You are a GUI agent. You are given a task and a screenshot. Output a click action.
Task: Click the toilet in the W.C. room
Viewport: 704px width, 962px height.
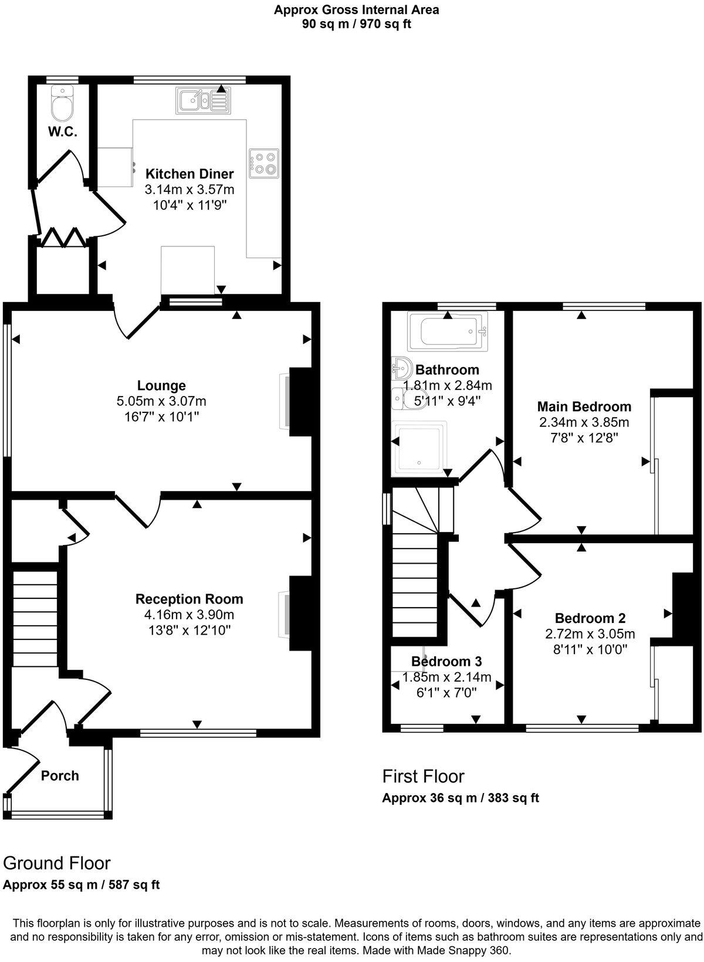coord(62,104)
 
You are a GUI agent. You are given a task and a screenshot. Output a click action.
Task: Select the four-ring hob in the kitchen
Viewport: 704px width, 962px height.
coord(263,164)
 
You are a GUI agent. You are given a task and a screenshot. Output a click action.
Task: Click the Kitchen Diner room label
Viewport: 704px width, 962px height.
coord(189,174)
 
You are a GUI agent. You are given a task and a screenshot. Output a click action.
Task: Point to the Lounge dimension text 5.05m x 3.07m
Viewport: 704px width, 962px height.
coord(161,401)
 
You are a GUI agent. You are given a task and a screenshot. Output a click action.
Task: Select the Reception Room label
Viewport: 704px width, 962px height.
coord(189,599)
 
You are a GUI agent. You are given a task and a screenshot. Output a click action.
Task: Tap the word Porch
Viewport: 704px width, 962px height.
coord(60,775)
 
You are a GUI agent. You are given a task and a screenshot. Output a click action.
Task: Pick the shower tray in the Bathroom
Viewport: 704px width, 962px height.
coord(421,448)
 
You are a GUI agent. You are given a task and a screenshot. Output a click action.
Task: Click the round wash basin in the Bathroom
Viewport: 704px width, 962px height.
coord(401,368)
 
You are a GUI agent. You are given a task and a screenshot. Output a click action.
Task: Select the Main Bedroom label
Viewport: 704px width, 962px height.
coord(584,407)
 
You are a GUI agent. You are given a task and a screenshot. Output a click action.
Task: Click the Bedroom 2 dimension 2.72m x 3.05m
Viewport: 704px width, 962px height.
coord(590,634)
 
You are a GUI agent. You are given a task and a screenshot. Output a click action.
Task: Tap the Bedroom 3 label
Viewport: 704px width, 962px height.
coord(446,662)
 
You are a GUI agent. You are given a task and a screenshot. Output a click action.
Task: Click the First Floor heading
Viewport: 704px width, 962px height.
coord(423,776)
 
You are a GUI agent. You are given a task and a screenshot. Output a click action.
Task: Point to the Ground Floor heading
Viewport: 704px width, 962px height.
coord(56,863)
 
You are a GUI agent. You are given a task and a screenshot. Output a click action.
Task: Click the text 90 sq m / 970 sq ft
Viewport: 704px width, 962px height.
coord(356,24)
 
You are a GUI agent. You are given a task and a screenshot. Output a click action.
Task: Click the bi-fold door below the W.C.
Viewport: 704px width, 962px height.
coord(61,237)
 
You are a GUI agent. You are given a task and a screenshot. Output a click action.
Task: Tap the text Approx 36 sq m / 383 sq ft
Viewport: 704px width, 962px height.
coord(460,798)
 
